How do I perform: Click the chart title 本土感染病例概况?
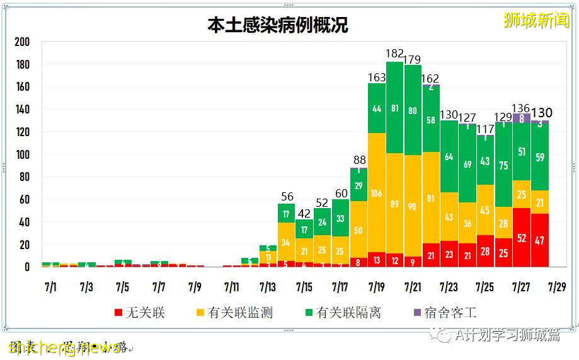pos(278,25)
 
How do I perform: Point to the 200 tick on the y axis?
pos(22,42)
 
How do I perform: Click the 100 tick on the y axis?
pos(22,154)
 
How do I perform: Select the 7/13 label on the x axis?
pos(268,287)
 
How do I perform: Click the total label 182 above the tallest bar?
pos(395,54)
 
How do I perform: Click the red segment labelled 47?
pos(539,240)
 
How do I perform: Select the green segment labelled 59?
pos(539,157)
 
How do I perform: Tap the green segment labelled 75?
pos(503,165)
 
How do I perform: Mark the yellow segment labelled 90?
pos(413,206)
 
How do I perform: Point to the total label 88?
pos(358,160)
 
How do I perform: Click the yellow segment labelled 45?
pos(485,210)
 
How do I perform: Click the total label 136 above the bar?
pos(521,108)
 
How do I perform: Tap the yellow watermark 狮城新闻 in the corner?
pos(536,20)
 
